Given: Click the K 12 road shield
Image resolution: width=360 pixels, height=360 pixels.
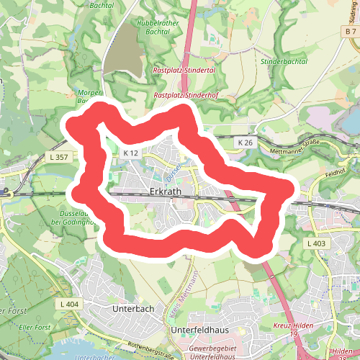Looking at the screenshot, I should [x=130, y=153].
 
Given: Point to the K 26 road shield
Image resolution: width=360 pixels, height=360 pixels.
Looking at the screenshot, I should [x=246, y=144].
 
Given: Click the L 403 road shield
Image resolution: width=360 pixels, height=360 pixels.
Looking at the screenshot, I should [x=315, y=244].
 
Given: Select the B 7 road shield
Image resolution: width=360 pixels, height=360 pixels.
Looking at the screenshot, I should [x=351, y=32].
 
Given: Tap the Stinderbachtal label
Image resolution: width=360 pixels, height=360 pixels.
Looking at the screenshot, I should [x=284, y=62].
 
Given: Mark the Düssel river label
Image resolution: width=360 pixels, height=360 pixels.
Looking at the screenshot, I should [x=170, y=171].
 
